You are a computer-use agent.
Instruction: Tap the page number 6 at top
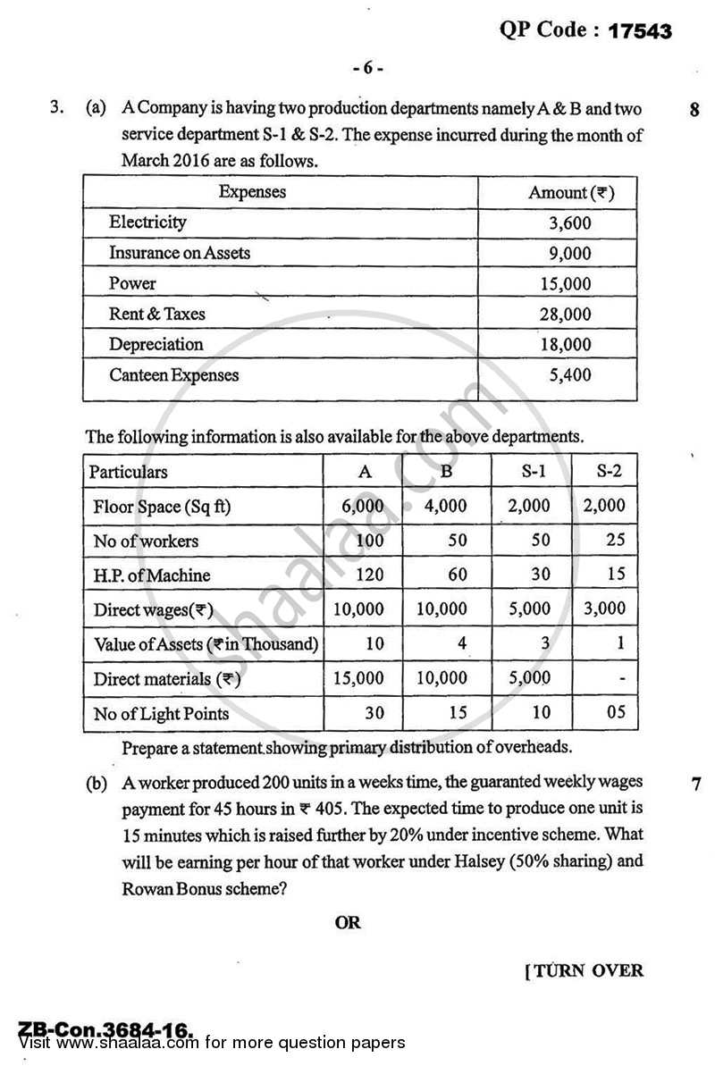tap(366, 69)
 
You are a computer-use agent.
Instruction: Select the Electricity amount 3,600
tap(570, 223)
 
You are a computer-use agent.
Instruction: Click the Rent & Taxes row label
tap(157, 315)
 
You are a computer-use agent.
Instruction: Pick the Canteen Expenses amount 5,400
tap(570, 375)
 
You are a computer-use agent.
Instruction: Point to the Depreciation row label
tap(156, 345)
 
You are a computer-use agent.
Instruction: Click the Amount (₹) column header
tap(570, 192)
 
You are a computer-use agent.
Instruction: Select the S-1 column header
tap(529, 471)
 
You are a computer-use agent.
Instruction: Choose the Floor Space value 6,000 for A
tap(363, 506)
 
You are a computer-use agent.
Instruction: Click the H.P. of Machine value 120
tap(369, 575)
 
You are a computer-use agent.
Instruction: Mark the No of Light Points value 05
tap(614, 713)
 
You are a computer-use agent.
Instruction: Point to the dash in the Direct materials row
tap(621, 679)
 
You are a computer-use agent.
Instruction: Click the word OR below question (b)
tap(348, 922)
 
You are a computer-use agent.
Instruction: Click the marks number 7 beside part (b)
tap(695, 785)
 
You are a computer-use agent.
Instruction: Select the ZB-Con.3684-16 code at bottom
tap(105, 1030)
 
